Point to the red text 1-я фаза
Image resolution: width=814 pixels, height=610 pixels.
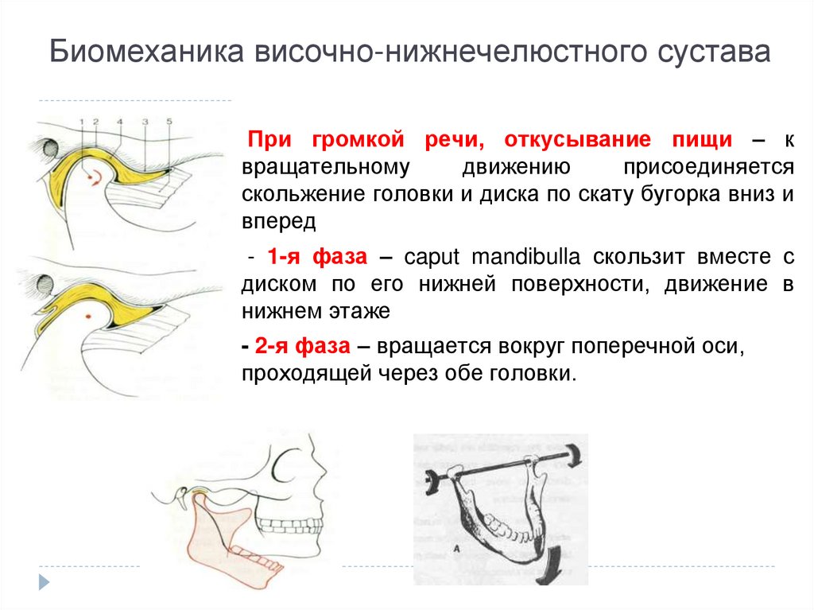(316, 258)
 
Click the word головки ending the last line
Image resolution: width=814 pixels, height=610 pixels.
(537, 374)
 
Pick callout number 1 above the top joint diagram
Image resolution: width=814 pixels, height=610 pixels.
(81, 122)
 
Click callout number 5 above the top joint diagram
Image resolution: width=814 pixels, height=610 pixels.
(169, 122)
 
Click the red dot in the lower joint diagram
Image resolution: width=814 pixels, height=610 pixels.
(87, 317)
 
